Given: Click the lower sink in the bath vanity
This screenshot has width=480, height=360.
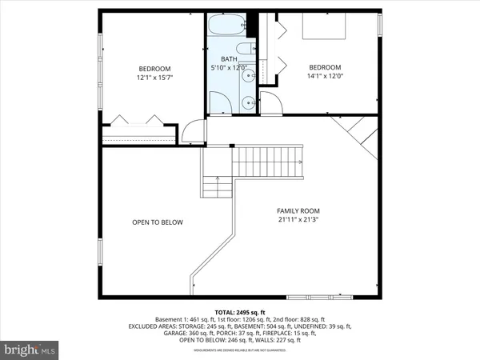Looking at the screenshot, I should pos(249,102).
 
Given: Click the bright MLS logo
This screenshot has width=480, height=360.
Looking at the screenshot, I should pos(30,350).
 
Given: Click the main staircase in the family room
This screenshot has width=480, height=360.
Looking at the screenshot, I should pos(268,165).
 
